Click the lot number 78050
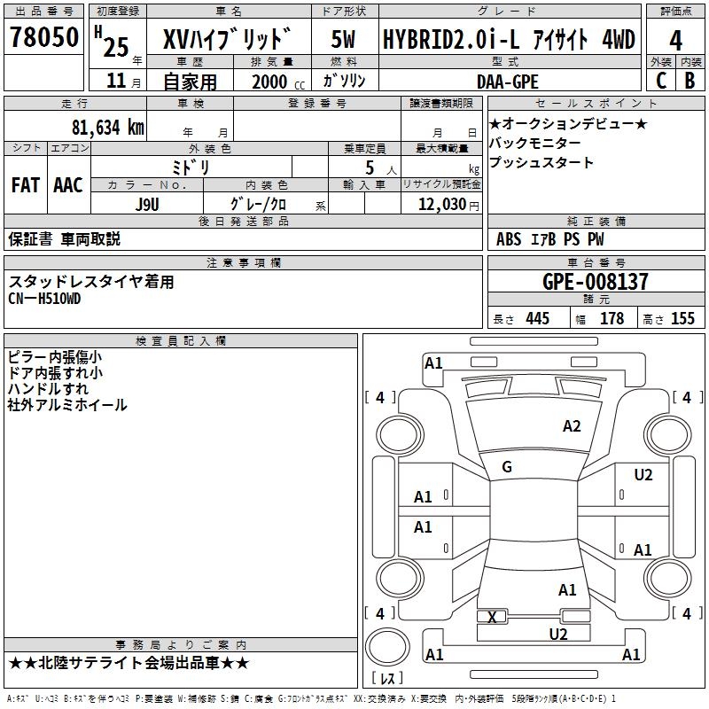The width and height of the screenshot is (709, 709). (x=43, y=37)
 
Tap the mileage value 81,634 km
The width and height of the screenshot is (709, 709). (x=108, y=128)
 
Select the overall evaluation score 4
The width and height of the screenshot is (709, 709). (x=675, y=41)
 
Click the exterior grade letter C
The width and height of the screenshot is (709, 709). (x=661, y=81)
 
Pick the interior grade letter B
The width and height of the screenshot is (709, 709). (x=690, y=81)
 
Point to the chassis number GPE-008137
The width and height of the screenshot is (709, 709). (x=595, y=281)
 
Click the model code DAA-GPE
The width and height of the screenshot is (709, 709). (x=508, y=82)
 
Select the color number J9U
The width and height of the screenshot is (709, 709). (x=147, y=205)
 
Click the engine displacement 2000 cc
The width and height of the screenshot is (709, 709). (x=278, y=82)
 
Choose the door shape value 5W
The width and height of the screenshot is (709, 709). (x=343, y=39)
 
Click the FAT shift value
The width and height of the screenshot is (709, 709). (x=26, y=185)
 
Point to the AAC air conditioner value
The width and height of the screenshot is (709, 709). (x=68, y=185)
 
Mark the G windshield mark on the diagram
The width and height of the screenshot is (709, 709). (x=507, y=467)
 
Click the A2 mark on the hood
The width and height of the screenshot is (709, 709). (x=572, y=426)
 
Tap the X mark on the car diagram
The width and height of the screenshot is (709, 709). (x=493, y=617)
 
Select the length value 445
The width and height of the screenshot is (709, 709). (x=537, y=318)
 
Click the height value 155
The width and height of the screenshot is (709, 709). (x=682, y=318)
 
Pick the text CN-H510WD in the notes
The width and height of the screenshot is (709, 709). (x=44, y=299)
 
